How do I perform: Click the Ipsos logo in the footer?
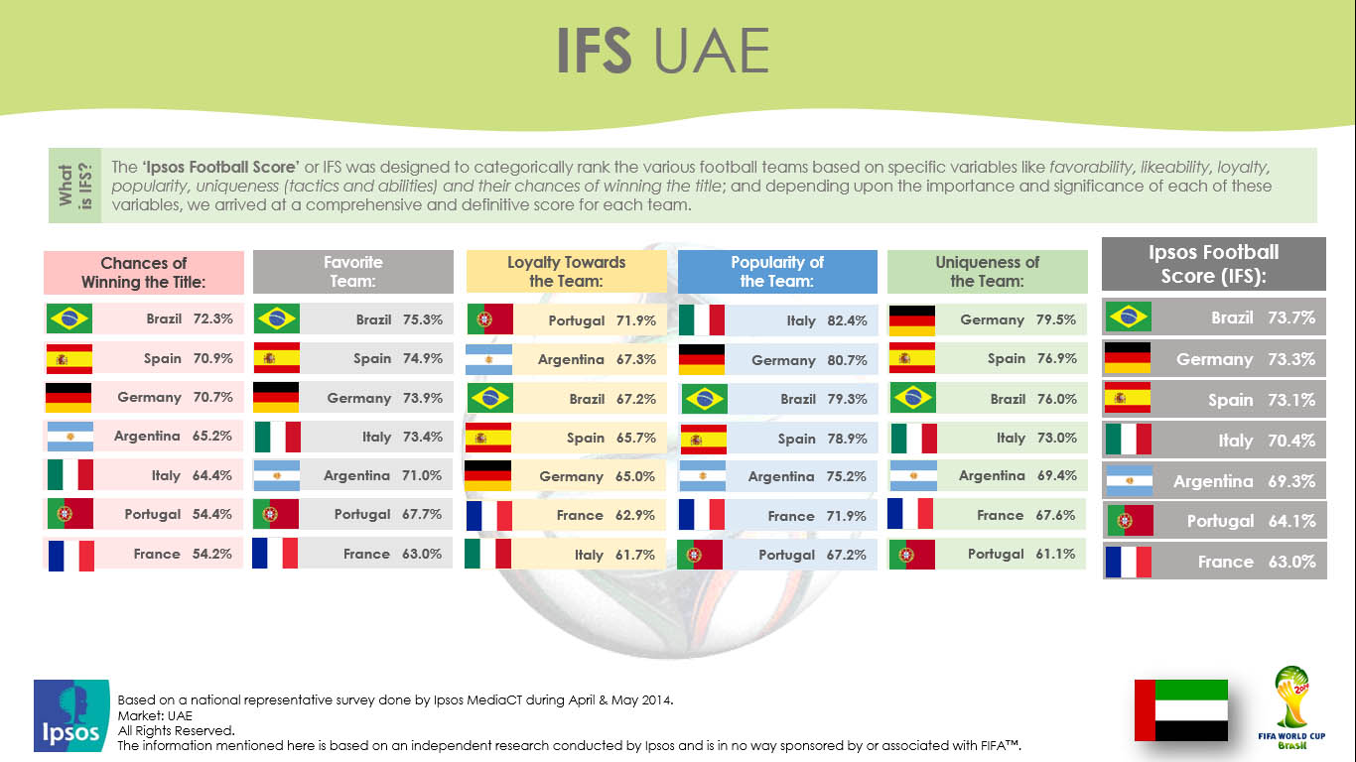[x=71, y=715]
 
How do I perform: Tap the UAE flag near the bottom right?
[x=1181, y=710]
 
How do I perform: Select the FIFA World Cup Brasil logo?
[x=1291, y=708]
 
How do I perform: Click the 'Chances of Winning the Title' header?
[x=144, y=273]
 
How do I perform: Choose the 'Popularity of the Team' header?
[x=777, y=272]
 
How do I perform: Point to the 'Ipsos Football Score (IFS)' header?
[x=1214, y=264]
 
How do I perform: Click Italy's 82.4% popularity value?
[x=847, y=320]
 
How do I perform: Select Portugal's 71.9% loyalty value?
[x=635, y=320]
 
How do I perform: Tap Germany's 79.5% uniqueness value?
[x=1056, y=319]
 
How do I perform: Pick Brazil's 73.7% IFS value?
[x=1291, y=317]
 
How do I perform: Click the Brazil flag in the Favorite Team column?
[x=277, y=318]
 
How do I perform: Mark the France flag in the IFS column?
[x=1129, y=562]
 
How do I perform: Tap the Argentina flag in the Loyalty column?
[x=488, y=359]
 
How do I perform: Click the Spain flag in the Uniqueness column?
[x=911, y=358]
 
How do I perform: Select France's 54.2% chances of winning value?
[x=211, y=554]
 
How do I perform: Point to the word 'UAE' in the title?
[x=712, y=51]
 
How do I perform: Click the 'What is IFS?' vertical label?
[x=75, y=186]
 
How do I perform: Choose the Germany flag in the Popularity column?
[x=702, y=359]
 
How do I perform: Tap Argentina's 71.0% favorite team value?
[x=422, y=475]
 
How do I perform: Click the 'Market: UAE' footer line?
[x=155, y=715]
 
